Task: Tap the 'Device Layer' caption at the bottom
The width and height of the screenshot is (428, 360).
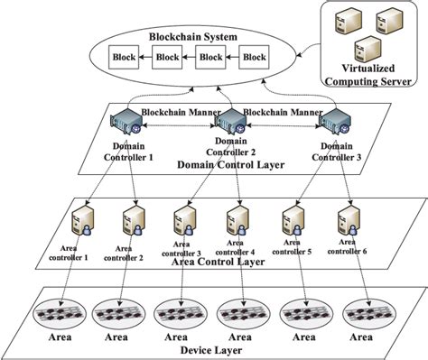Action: click(215, 351)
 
